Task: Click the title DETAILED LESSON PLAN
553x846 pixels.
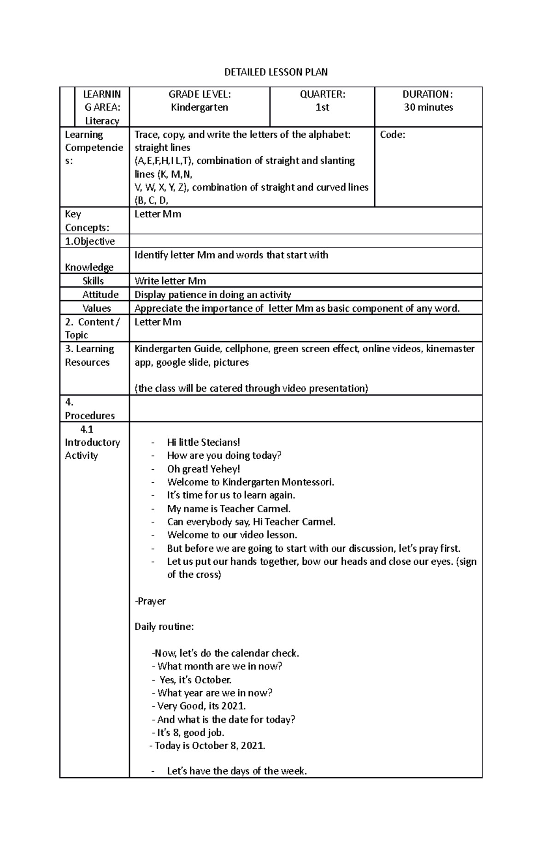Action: pyautogui.click(x=276, y=72)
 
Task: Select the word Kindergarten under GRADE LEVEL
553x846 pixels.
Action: pyautogui.click(x=200, y=107)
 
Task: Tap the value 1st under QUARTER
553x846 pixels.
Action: pyautogui.click(x=322, y=107)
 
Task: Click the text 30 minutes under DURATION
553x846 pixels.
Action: pyautogui.click(x=428, y=107)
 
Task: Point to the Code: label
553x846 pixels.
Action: pyautogui.click(x=392, y=135)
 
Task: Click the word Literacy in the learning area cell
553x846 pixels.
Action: pyautogui.click(x=102, y=121)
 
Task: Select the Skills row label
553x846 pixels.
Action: pyautogui.click(x=93, y=281)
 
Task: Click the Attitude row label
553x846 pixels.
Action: pyautogui.click(x=100, y=295)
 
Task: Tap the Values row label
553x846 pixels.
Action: pyautogui.click(x=96, y=308)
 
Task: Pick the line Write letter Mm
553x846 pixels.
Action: pyautogui.click(x=170, y=281)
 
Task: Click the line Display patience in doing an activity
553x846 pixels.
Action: pyautogui.click(x=212, y=295)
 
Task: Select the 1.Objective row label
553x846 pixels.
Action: pyautogui.click(x=90, y=241)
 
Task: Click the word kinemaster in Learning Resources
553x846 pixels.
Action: pyautogui.click(x=450, y=349)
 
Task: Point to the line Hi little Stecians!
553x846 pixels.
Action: pyautogui.click(x=203, y=442)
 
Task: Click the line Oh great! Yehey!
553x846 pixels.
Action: pyautogui.click(x=203, y=469)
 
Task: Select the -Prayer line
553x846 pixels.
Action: pyautogui.click(x=150, y=601)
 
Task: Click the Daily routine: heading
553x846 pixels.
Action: pyautogui.click(x=164, y=627)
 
